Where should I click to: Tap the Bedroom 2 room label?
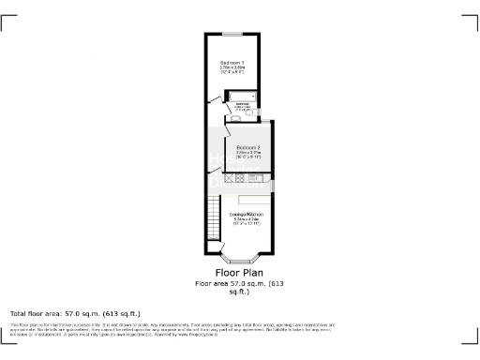247,148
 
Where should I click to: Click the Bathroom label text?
242,101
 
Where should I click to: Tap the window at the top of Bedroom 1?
231,35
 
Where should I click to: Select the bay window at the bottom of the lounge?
240,254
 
